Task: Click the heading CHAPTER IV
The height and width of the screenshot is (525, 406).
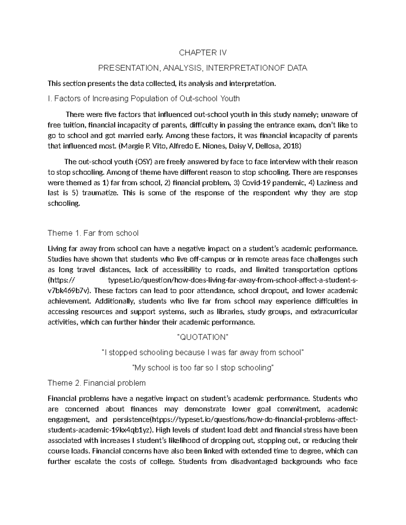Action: [x=203, y=53]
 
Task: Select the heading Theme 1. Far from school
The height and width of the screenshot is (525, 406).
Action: [x=93, y=233]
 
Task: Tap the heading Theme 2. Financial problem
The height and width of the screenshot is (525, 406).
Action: [x=97, y=383]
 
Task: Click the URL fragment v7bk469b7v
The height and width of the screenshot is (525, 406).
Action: [x=69, y=291]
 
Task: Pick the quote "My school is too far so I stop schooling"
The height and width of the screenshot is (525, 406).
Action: [x=203, y=368]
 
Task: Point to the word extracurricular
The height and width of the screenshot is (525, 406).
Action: [x=334, y=312]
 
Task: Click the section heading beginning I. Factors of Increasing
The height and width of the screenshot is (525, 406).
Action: [x=144, y=99]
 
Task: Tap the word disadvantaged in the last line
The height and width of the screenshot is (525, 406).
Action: [x=254, y=462]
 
